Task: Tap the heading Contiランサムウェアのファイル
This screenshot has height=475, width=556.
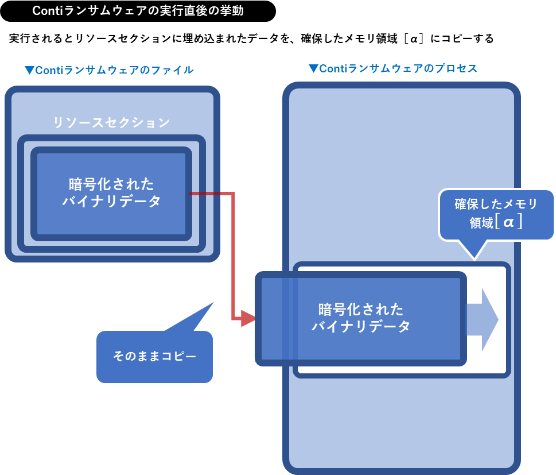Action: click(115, 70)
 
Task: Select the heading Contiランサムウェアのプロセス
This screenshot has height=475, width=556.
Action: click(398, 68)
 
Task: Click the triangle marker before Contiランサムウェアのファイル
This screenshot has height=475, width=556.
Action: click(29, 70)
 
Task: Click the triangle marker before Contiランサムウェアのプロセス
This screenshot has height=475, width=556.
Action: click(313, 68)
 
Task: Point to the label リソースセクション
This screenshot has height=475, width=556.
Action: click(111, 122)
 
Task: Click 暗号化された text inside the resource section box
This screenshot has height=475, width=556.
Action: click(111, 184)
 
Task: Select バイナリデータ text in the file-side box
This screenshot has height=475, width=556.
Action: click(111, 202)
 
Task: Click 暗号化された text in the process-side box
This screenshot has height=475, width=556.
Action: click(361, 309)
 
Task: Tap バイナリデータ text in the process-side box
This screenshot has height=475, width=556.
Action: click(361, 326)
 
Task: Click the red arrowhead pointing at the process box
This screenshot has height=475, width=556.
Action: click(248, 318)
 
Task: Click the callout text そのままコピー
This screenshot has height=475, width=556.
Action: click(154, 356)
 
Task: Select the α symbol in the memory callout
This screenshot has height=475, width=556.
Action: click(508, 222)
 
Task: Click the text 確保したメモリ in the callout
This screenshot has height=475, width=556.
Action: click(496, 204)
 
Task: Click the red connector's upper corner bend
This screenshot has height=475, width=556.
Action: click(233, 194)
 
